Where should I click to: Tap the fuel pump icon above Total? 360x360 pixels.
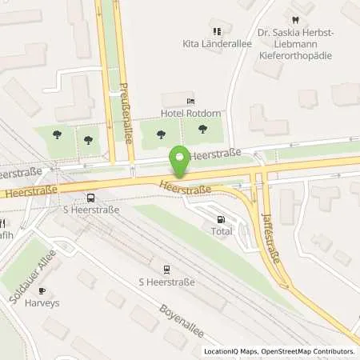(x=222, y=219)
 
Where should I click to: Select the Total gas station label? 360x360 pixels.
(x=222, y=231)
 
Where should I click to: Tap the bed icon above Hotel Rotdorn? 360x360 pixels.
(x=190, y=101)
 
